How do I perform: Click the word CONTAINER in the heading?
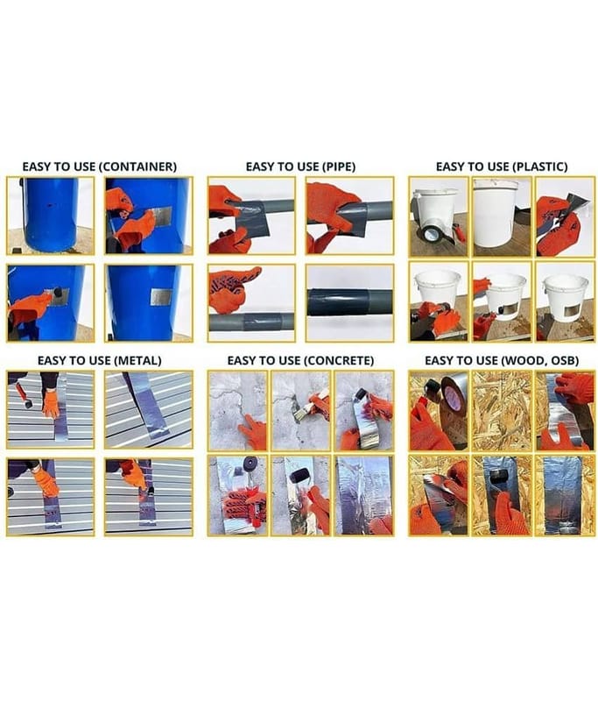click(137, 166)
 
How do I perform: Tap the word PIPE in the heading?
click(338, 166)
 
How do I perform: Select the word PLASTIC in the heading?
click(540, 166)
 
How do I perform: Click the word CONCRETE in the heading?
click(338, 361)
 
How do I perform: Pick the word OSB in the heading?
click(563, 361)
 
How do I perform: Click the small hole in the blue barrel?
click(51, 206)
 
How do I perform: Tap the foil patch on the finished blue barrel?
click(161, 297)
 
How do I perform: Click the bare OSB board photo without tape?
click(502, 410)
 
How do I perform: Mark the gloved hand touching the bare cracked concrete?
click(253, 432)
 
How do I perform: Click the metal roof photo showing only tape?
click(149, 410)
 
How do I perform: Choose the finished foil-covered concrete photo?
click(364, 495)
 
